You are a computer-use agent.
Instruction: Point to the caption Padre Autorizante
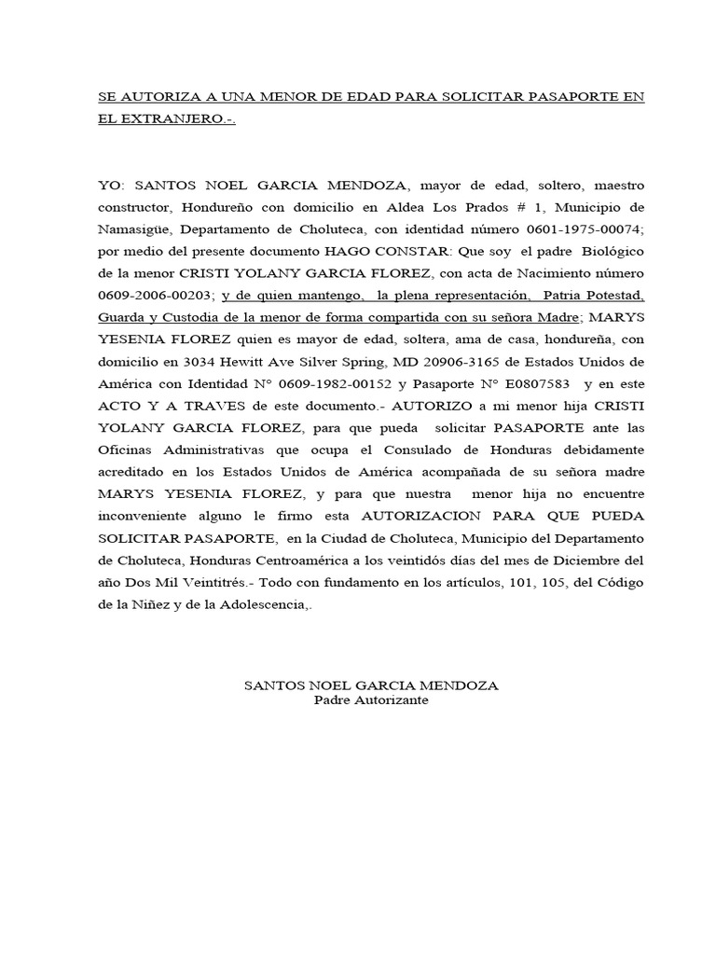click(x=371, y=700)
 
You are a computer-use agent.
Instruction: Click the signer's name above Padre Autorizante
click(x=371, y=685)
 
